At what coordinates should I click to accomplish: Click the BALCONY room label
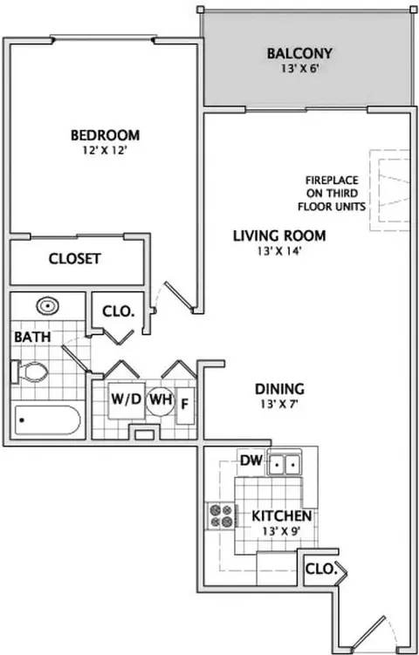299,53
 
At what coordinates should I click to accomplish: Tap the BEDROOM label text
105,135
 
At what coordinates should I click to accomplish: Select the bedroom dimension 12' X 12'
105,150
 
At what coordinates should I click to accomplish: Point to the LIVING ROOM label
279,236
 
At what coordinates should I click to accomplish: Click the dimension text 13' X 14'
279,251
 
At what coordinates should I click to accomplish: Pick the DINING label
279,389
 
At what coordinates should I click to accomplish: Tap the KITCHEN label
281,516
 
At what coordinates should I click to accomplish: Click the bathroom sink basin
48,307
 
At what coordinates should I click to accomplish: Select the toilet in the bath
30,372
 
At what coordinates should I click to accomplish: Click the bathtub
47,420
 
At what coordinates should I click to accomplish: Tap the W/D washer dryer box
127,400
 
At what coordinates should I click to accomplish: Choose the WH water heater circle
160,401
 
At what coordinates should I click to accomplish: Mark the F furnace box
185,406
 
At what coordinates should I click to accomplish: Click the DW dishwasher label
251,461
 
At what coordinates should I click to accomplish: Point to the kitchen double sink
285,463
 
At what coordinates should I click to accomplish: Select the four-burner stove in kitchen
221,516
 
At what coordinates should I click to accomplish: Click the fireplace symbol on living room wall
389,190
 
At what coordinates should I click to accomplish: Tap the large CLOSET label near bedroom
75,259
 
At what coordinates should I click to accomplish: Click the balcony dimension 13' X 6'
300,69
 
